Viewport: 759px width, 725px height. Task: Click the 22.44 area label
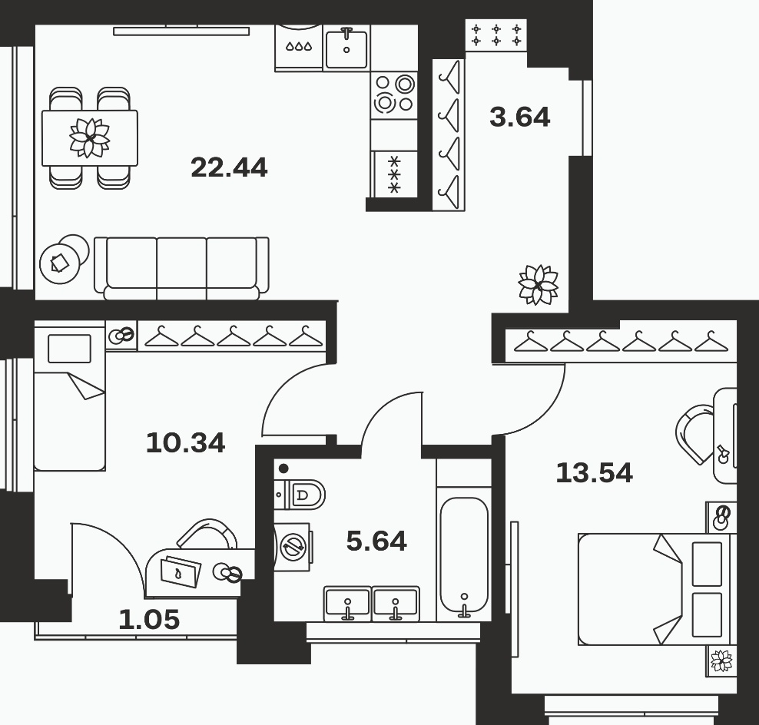click(x=229, y=168)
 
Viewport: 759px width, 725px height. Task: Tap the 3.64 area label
click(x=520, y=118)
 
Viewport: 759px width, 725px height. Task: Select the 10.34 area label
click(x=185, y=443)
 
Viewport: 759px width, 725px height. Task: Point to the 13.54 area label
click(x=595, y=473)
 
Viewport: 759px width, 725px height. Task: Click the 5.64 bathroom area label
click(x=376, y=541)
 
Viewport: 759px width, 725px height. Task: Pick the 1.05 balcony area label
click(x=149, y=620)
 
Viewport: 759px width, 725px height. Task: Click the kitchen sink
click(x=346, y=48)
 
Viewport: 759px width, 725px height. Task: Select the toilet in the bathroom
click(x=300, y=495)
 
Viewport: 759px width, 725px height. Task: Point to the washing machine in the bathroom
click(x=293, y=546)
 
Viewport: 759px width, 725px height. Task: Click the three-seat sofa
click(x=181, y=268)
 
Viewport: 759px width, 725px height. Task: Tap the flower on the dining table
click(x=90, y=138)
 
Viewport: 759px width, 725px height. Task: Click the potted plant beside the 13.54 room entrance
click(x=539, y=285)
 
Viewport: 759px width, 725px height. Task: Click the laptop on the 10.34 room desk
click(x=180, y=571)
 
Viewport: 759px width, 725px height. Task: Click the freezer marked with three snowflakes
click(x=395, y=174)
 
